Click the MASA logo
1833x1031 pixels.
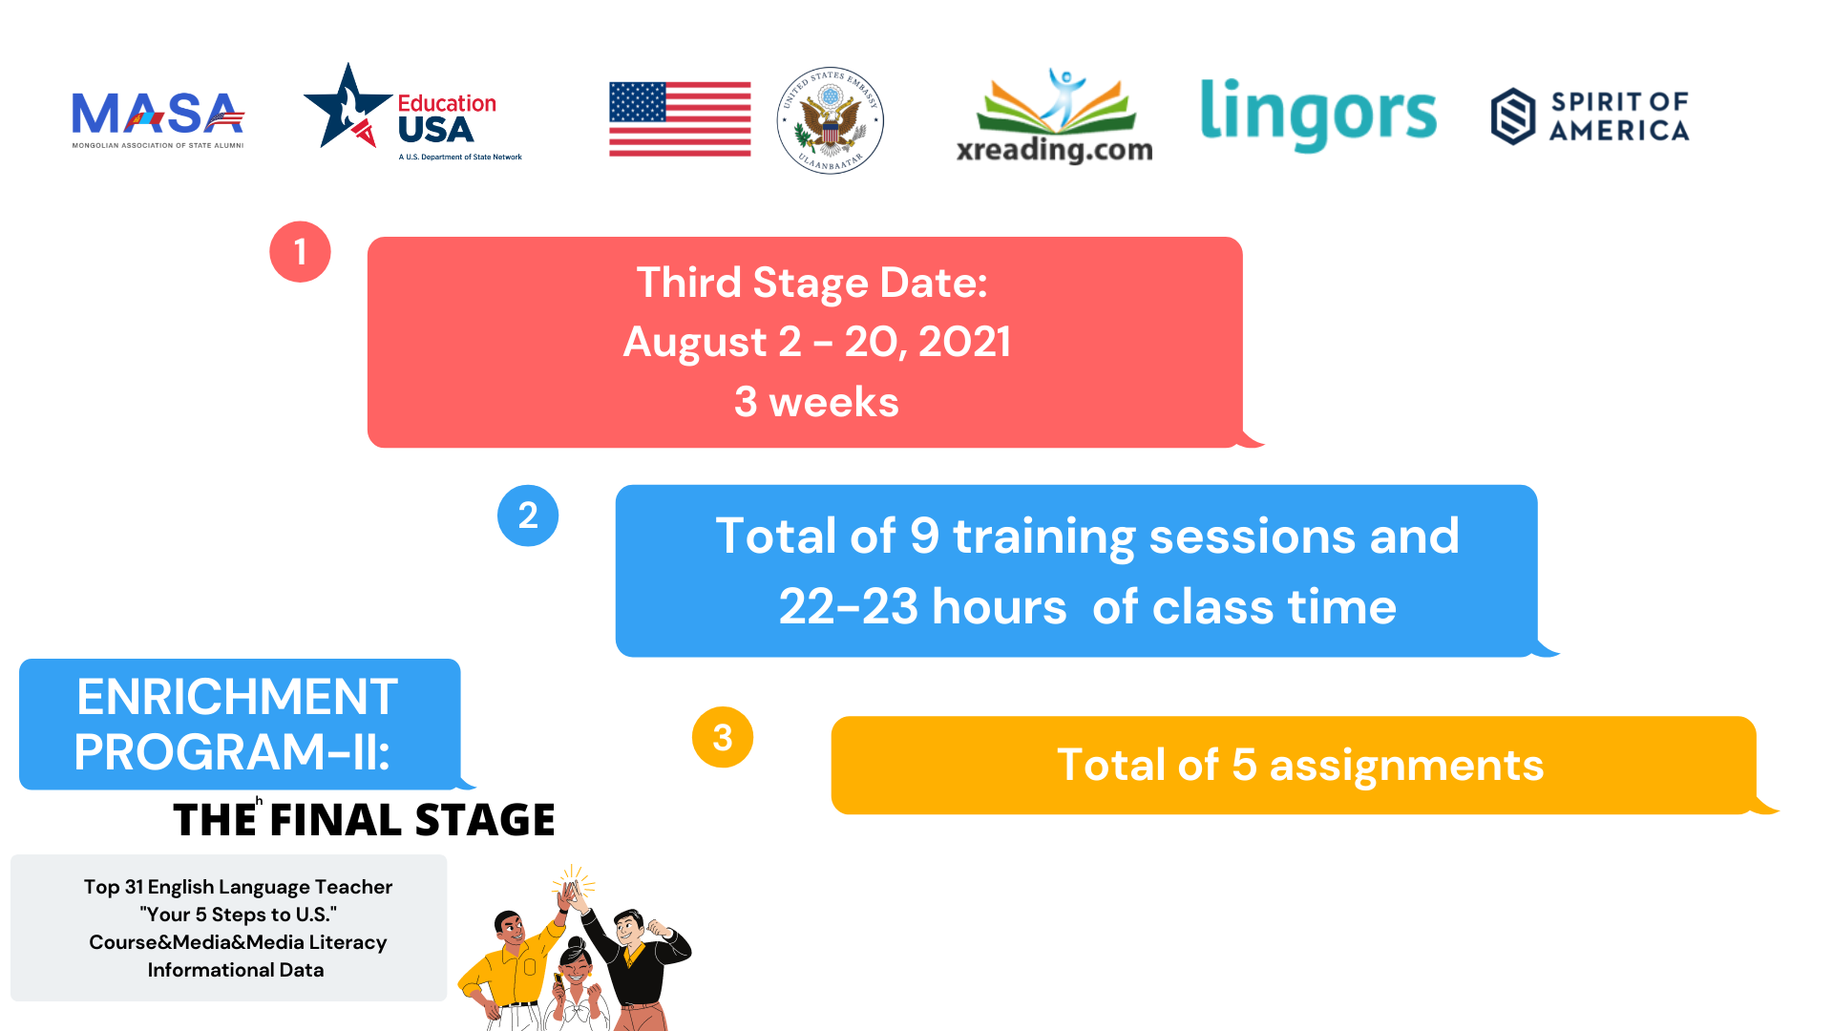(158, 119)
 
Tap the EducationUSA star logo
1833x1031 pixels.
(412, 113)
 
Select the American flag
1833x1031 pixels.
(680, 119)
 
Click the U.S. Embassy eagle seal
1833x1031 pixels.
(830, 120)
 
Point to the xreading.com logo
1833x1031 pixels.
(1055, 116)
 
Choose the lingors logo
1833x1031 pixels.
(1317, 115)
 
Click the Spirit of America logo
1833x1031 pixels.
(1591, 116)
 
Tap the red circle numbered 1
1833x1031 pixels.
(300, 252)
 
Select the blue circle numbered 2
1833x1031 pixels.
(528, 515)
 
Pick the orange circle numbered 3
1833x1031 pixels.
(723, 737)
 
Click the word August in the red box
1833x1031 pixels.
(695, 343)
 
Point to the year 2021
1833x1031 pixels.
(964, 342)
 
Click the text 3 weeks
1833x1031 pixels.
(816, 402)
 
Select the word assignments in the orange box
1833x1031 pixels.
(1406, 766)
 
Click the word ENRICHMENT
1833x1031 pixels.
(237, 697)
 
